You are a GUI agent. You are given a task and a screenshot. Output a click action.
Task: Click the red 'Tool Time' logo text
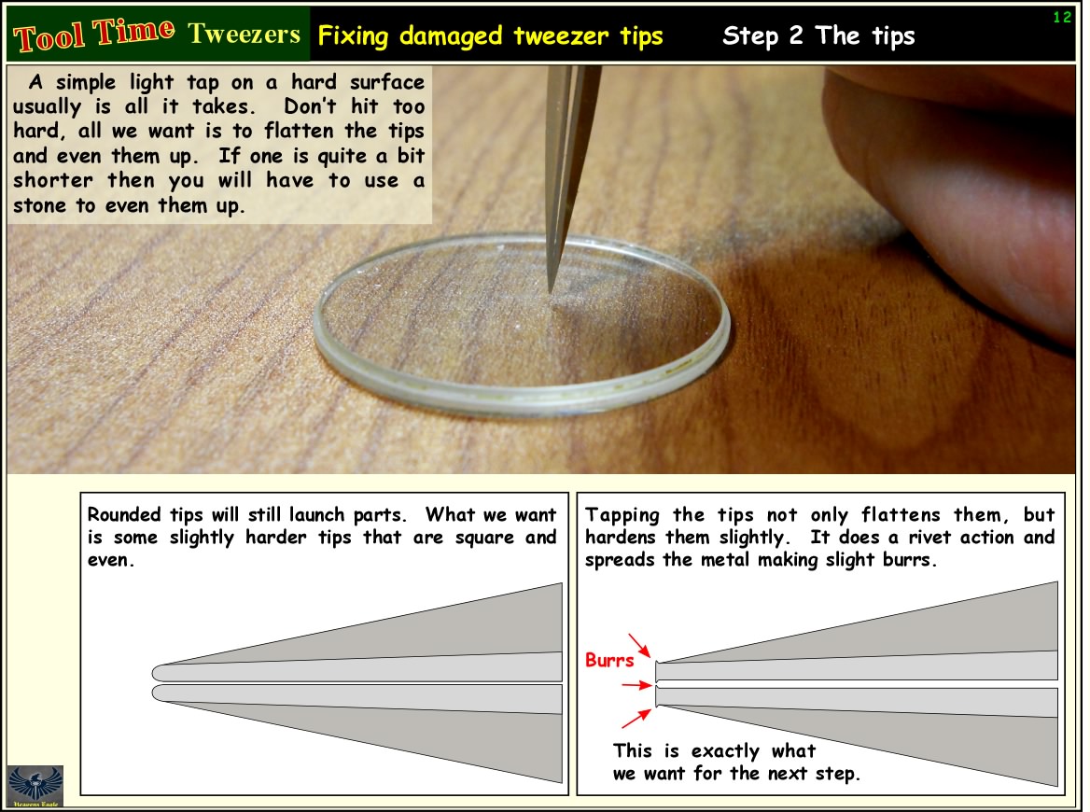click(x=94, y=34)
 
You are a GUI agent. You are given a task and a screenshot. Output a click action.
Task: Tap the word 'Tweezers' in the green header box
click(x=244, y=34)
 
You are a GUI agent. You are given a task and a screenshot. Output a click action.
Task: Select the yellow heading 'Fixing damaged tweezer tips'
click(x=490, y=35)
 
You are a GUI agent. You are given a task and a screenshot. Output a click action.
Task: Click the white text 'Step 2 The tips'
click(x=818, y=35)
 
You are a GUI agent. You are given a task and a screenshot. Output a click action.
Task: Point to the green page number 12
click(x=1061, y=18)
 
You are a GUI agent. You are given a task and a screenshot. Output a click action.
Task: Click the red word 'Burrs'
click(x=609, y=660)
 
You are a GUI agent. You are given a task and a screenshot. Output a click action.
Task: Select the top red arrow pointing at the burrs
click(x=639, y=645)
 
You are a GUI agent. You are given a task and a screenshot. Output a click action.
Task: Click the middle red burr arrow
click(x=636, y=685)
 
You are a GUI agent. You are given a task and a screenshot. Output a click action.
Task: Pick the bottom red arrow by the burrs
click(x=636, y=718)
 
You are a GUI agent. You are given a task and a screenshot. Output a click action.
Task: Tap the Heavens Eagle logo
click(x=35, y=786)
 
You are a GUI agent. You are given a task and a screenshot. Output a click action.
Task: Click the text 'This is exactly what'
click(x=715, y=751)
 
